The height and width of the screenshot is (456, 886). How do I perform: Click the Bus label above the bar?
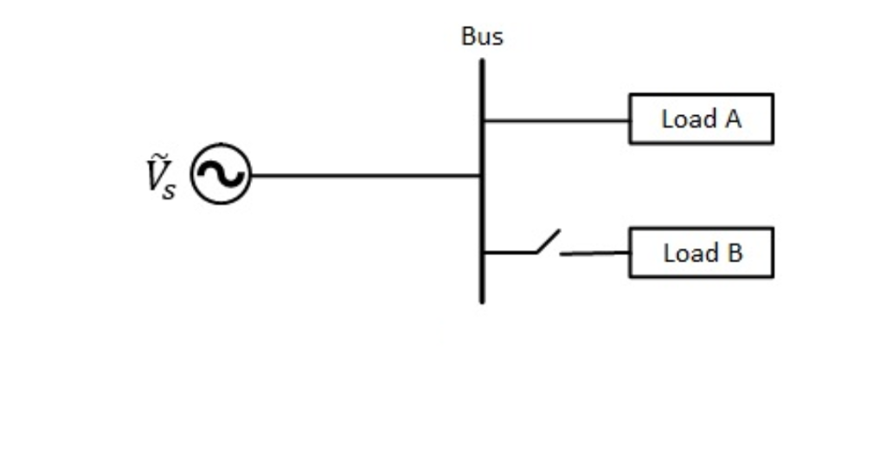pos(482,37)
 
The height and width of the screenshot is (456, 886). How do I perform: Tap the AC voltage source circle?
pos(221,175)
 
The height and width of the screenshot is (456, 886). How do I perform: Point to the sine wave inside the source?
pos(221,175)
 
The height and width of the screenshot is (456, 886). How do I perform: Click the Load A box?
pos(701,119)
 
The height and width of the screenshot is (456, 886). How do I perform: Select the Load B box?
pos(701,253)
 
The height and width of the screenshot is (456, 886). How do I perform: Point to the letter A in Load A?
pos(732,119)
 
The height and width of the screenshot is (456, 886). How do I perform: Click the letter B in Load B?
pos(734,254)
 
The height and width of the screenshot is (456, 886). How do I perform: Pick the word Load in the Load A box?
pos(688,119)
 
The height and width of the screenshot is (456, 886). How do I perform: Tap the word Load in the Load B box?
pos(690,254)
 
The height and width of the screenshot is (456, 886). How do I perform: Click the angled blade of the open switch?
pos(548,242)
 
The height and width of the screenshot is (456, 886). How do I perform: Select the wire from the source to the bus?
pos(363,176)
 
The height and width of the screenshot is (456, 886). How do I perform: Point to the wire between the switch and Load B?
pos(594,254)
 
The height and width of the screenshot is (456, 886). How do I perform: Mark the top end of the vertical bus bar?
pos(482,61)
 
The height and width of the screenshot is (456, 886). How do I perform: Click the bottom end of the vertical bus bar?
pos(482,300)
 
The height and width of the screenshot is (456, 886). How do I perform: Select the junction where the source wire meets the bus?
pos(482,176)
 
